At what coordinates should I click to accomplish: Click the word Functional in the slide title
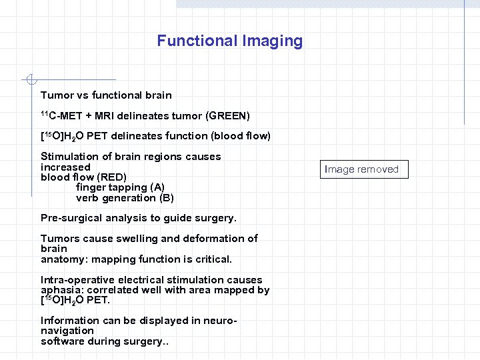191,41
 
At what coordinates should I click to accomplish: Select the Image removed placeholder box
361,169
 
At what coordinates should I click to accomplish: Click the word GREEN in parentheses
229,116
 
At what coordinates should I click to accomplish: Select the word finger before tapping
91,187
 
